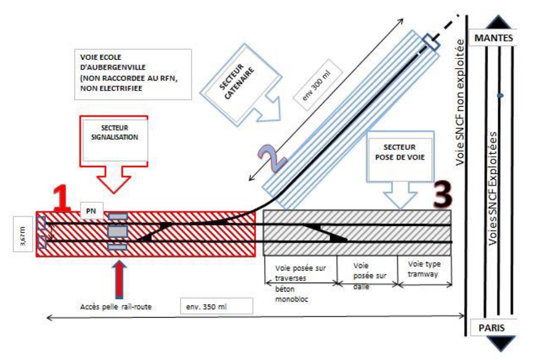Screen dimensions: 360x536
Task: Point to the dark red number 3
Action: pyautogui.click(x=443, y=194)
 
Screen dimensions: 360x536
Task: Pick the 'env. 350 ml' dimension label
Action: pyautogui.click(x=216, y=306)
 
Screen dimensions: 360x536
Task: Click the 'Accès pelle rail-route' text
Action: pyautogui.click(x=116, y=306)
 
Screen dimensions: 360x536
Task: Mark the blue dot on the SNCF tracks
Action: pyautogui.click(x=500, y=96)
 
